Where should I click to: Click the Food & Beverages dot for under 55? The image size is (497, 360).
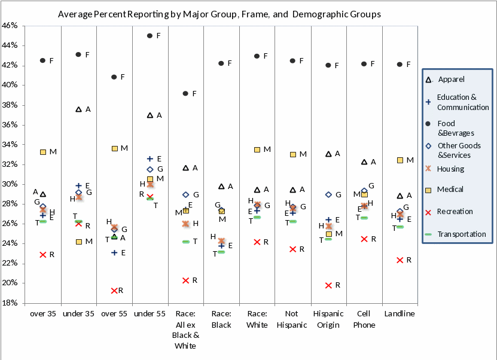tap(150, 36)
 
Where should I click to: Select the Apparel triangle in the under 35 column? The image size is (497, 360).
tap(78, 109)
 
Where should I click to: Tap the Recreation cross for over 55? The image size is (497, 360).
tap(114, 291)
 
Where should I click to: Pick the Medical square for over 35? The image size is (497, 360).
tap(43, 152)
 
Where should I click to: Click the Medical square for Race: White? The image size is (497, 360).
tap(257, 150)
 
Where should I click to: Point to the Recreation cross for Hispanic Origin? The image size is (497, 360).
tap(328, 285)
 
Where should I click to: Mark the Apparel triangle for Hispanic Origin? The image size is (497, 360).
tap(328, 154)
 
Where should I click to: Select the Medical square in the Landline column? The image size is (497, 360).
tap(400, 160)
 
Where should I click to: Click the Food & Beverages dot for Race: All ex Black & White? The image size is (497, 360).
tap(185, 93)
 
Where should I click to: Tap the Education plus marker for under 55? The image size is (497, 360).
tap(150, 158)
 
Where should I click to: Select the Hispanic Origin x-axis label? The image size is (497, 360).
tap(328, 319)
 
